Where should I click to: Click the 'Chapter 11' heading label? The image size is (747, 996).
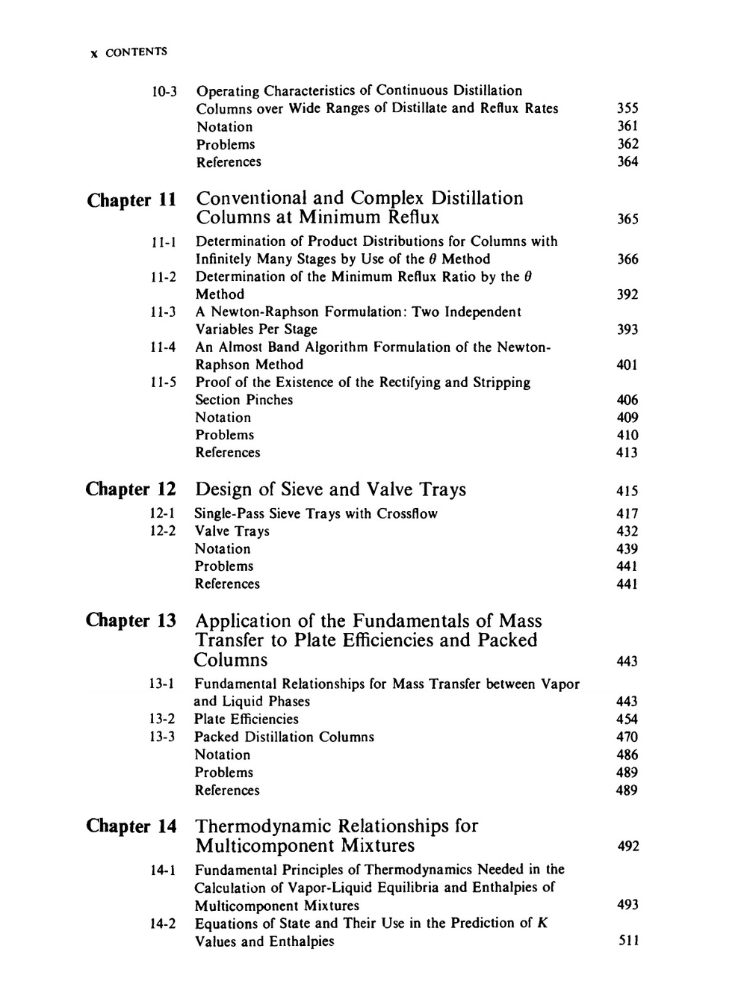click(131, 200)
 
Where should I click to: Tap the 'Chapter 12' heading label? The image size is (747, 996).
click(131, 489)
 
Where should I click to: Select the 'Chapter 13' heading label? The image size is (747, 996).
click(131, 620)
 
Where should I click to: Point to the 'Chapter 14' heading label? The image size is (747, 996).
click(131, 826)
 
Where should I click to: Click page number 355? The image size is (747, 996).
click(627, 108)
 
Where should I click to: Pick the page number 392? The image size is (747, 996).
click(627, 294)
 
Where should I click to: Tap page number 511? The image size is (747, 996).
click(628, 941)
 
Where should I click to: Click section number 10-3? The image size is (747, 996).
click(164, 91)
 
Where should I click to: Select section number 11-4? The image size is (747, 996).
click(164, 347)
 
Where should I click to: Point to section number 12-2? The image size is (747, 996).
click(163, 531)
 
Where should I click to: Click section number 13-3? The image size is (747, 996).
click(162, 737)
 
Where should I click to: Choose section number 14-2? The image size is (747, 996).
click(163, 924)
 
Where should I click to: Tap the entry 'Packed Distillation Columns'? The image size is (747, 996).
click(284, 737)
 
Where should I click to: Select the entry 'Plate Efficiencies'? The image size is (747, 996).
click(246, 719)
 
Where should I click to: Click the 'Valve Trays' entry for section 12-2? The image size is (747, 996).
click(232, 531)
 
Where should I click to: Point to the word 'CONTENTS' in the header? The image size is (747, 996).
click(136, 52)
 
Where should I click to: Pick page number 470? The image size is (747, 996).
click(627, 737)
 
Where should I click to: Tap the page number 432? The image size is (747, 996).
click(627, 531)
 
